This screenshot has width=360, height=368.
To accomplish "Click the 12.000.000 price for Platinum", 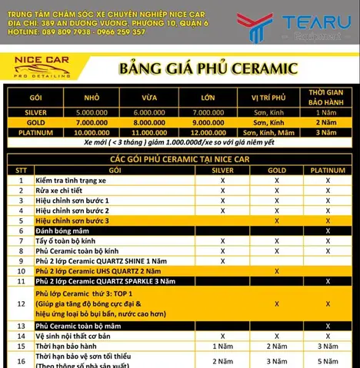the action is click(x=208, y=132).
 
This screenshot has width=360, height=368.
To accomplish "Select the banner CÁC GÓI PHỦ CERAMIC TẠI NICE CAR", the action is click(x=178, y=157).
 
